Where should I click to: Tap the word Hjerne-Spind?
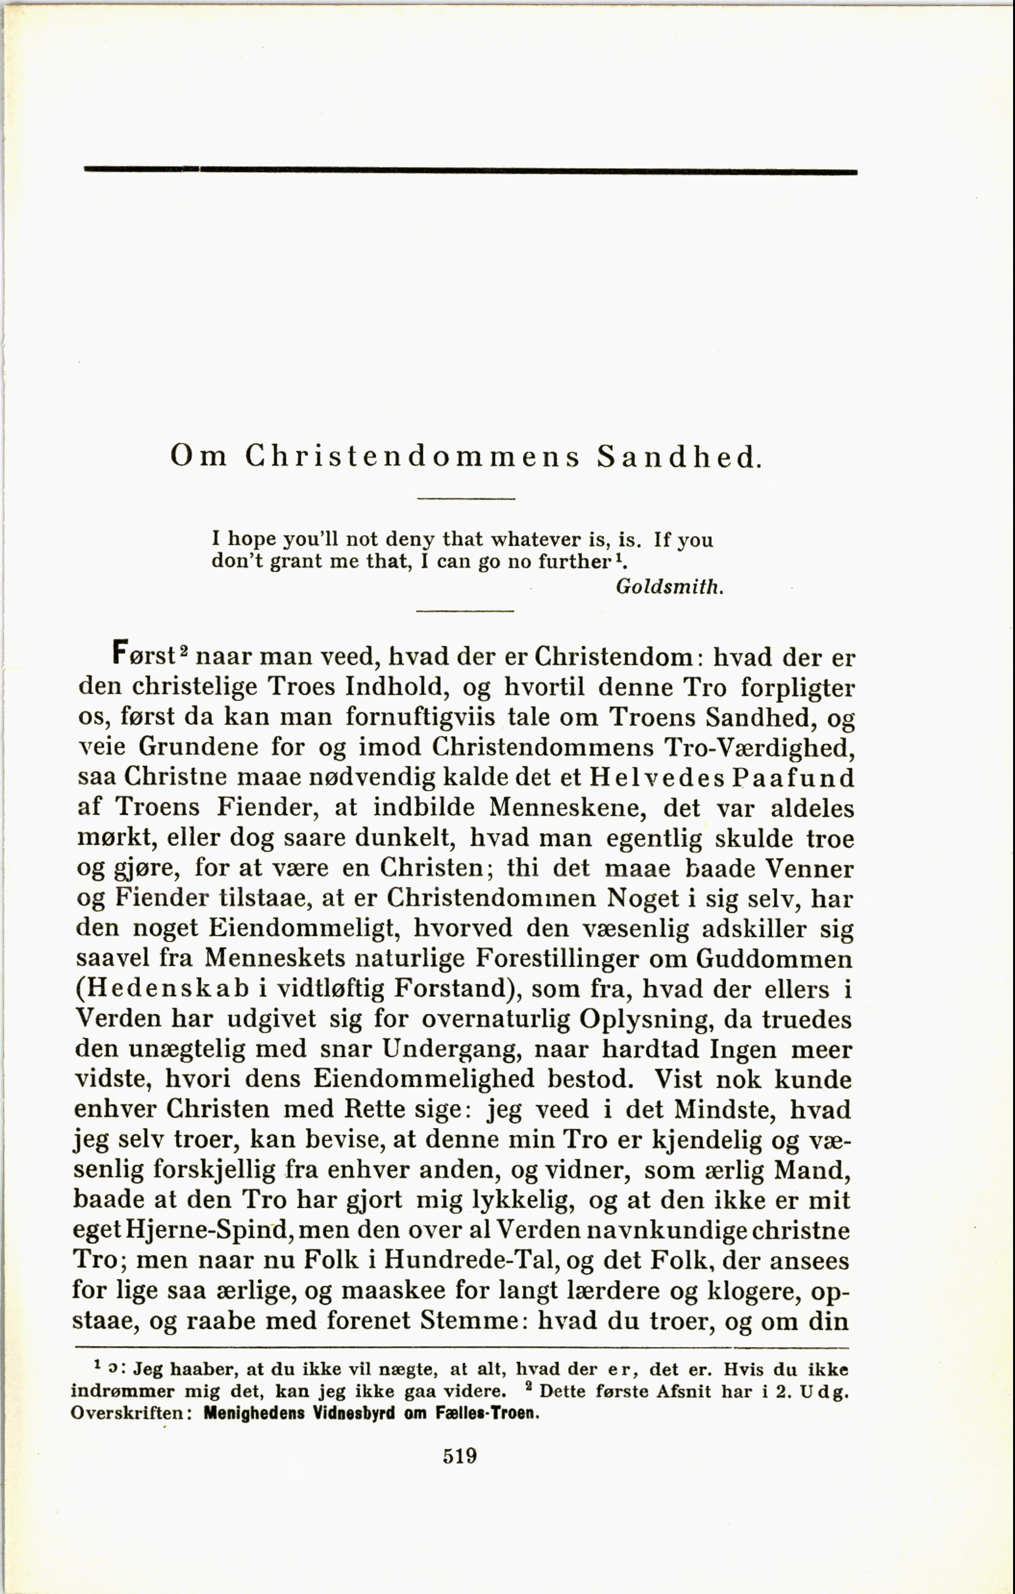[x=205, y=1230]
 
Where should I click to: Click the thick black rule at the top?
[x=470, y=171]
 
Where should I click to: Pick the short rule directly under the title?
[x=466, y=498]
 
